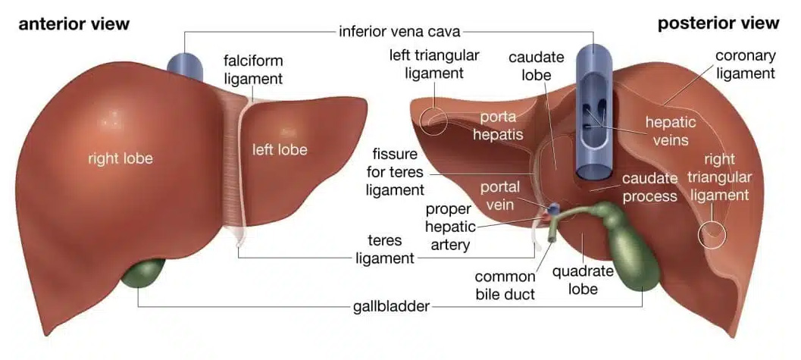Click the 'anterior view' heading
click(x=74, y=23)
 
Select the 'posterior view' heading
click(x=718, y=23)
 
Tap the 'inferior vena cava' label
click(x=399, y=32)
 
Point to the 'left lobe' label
click(x=280, y=149)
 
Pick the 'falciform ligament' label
click(x=252, y=68)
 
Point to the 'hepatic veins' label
click(x=667, y=130)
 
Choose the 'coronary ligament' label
click(x=746, y=64)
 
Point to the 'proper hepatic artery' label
click(x=450, y=227)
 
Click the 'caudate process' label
click(x=649, y=187)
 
